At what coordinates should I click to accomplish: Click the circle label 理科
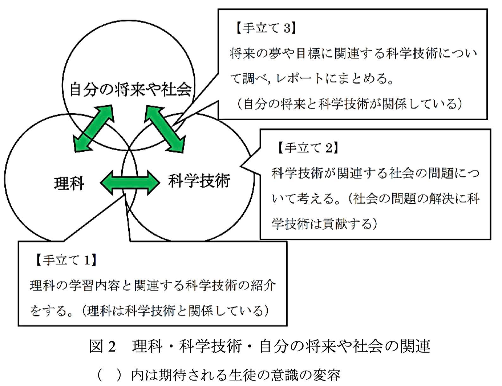(69, 184)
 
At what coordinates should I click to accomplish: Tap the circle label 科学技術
(199, 181)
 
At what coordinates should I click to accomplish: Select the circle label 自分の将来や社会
(131, 89)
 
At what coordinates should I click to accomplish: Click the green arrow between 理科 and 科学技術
(130, 183)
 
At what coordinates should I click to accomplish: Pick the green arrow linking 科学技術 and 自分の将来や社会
(165, 129)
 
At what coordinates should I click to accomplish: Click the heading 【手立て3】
(265, 28)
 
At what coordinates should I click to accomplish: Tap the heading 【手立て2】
(307, 148)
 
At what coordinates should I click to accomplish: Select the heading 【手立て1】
(66, 260)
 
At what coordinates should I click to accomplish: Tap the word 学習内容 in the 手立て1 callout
(94, 286)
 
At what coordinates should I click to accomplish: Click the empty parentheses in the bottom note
(109, 375)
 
